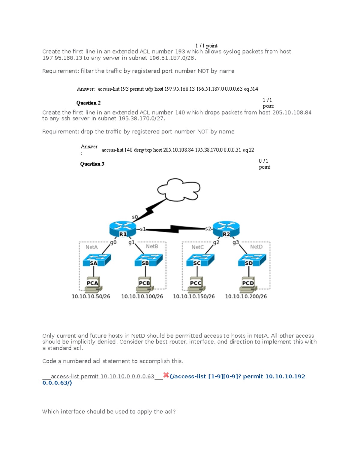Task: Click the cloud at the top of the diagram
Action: click(x=178, y=189)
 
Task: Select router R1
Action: click(x=123, y=229)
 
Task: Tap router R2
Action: click(x=226, y=229)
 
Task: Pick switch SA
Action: click(x=96, y=260)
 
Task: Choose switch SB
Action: click(x=148, y=260)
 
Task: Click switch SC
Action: click(x=200, y=260)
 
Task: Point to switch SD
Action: click(x=252, y=260)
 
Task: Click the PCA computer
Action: click(x=93, y=284)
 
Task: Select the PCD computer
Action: click(x=248, y=284)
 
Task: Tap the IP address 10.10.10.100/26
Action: click(x=142, y=296)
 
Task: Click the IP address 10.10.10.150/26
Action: click(x=194, y=296)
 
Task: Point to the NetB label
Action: click(x=152, y=246)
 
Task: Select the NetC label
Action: click(x=197, y=247)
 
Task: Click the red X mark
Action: click(x=166, y=375)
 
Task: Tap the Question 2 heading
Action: click(x=88, y=103)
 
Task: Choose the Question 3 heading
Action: click(x=92, y=164)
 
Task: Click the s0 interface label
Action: click(x=135, y=217)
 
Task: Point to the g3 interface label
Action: click(x=235, y=242)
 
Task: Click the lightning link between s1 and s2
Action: click(x=175, y=229)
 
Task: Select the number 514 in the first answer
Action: click(x=254, y=89)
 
